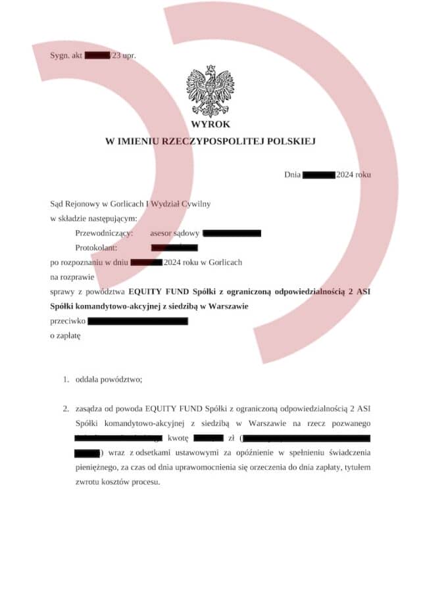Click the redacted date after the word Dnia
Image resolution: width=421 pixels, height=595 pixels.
319,175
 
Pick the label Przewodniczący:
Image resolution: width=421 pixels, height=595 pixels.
105,233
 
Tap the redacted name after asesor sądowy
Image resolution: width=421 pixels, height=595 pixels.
232,233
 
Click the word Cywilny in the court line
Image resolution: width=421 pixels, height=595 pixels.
195,204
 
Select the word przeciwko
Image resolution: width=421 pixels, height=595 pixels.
67,321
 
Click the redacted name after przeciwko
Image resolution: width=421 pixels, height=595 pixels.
137,321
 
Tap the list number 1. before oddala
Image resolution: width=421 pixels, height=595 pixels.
66,379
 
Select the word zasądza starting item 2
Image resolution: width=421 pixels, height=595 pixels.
92,408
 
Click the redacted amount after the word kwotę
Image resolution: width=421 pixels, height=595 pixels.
209,437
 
